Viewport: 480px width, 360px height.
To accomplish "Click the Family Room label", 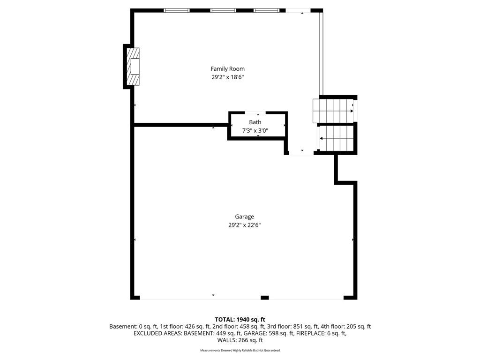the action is click(227, 69).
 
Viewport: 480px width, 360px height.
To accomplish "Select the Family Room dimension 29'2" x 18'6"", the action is click(227, 77).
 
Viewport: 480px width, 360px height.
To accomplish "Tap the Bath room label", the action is click(255, 122).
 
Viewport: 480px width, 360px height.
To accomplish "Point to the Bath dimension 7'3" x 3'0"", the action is click(255, 131).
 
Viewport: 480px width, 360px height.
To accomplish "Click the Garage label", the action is click(244, 217).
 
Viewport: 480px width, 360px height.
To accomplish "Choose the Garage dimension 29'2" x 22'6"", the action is click(244, 225).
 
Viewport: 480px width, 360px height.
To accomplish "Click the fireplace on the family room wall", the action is click(133, 67).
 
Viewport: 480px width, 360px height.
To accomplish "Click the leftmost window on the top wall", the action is click(176, 10).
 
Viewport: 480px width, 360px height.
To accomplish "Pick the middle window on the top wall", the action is click(223, 10).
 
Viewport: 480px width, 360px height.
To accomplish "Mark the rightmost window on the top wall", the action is click(266, 10).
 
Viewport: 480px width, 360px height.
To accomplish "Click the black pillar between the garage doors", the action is click(264, 298).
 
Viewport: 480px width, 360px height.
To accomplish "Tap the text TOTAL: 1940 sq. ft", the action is click(240, 320).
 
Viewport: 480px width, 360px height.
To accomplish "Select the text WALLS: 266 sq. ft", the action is click(240, 340).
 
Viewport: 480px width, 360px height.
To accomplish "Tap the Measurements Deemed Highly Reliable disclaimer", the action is click(240, 350).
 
